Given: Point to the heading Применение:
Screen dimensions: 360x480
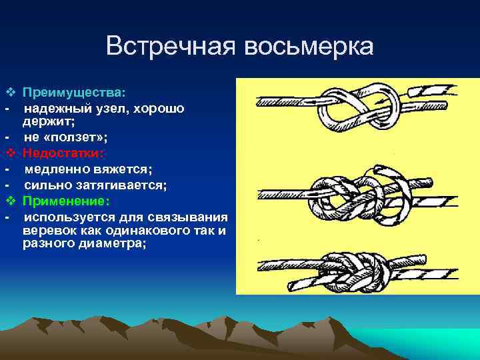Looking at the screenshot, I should tap(66, 201).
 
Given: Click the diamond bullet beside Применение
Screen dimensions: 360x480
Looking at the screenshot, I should tap(9, 201).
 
